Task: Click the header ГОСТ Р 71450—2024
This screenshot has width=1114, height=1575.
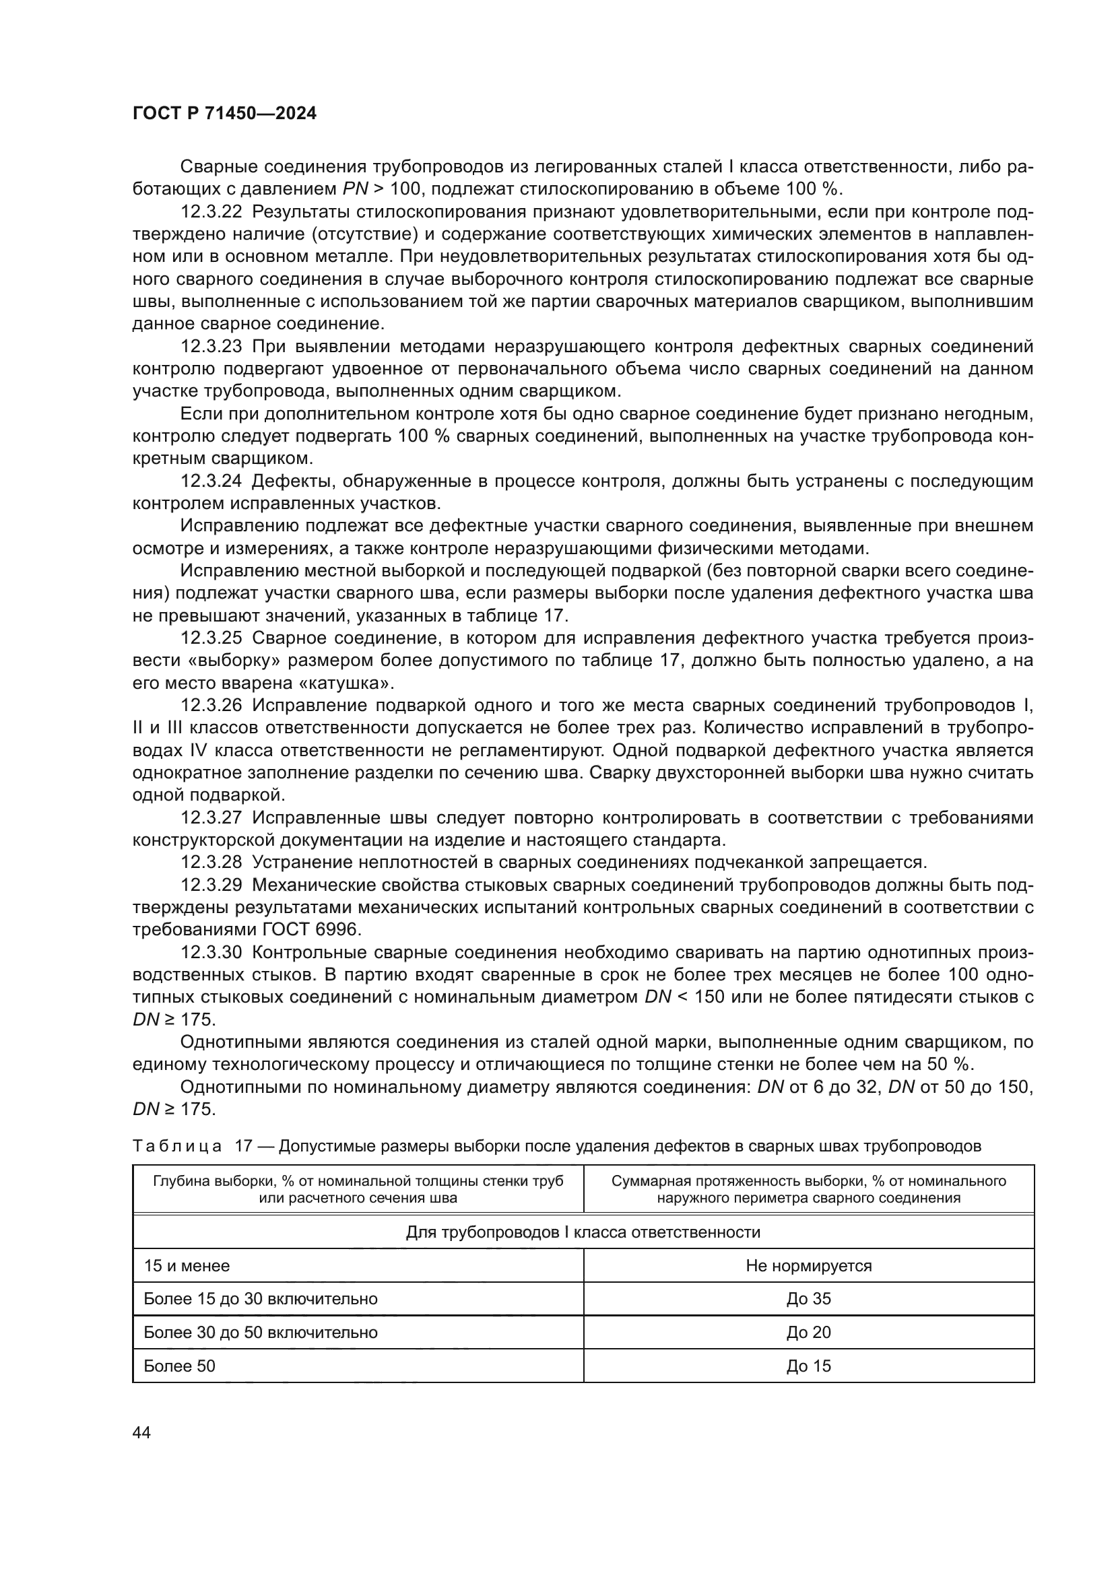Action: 224,114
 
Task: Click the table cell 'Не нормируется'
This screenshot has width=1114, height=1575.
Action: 808,1266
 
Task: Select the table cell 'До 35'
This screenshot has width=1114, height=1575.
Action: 808,1298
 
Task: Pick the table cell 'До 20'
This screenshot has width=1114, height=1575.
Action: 808,1332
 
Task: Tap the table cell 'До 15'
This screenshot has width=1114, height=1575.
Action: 808,1366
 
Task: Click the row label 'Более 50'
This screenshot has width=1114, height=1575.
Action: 179,1366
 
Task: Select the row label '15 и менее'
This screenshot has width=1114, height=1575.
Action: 187,1266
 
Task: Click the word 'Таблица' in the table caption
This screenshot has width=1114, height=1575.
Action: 177,1146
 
